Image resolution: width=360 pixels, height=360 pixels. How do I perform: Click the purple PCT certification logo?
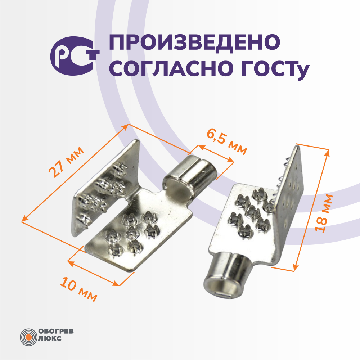pos(75,56)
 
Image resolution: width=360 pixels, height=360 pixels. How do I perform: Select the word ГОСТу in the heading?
pos(275,69)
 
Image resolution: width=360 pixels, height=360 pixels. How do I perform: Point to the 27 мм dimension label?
pos(66,162)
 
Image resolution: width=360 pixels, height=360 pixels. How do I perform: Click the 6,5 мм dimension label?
pos(227,141)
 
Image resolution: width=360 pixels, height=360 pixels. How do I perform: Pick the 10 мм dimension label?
pos(78,289)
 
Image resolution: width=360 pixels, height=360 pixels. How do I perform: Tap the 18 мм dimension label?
pos(324,213)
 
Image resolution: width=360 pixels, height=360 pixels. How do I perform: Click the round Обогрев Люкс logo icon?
pos(28,337)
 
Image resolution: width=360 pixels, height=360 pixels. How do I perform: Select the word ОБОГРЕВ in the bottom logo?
pos(56,331)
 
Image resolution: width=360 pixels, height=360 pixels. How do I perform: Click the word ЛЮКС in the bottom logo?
pos(50,338)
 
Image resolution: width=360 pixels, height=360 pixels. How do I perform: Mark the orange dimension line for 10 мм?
pos(94,273)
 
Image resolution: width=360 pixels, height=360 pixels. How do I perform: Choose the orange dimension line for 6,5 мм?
pos(216,154)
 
